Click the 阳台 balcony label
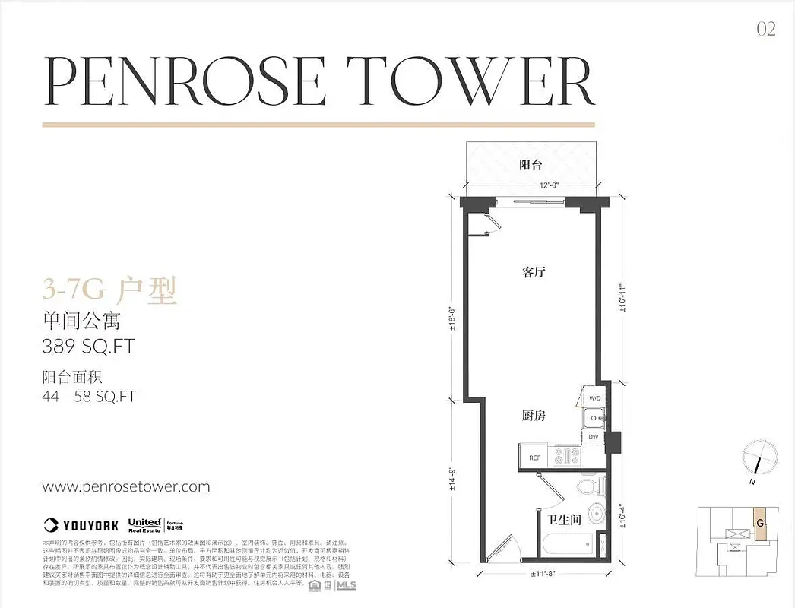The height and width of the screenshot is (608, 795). tap(530, 164)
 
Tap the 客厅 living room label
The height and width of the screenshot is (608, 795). tap(534, 272)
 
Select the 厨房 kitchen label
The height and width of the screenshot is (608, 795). tap(534, 416)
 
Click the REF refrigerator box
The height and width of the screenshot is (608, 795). tap(535, 458)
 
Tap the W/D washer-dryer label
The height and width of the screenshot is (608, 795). tap(594, 397)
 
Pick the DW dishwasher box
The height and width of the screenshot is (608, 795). tap(594, 437)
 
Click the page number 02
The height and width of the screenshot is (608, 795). tap(765, 29)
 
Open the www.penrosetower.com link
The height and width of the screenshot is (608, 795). tap(125, 487)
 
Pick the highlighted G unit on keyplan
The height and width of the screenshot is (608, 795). tap(759, 523)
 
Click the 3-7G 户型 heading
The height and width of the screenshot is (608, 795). tap(109, 290)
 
